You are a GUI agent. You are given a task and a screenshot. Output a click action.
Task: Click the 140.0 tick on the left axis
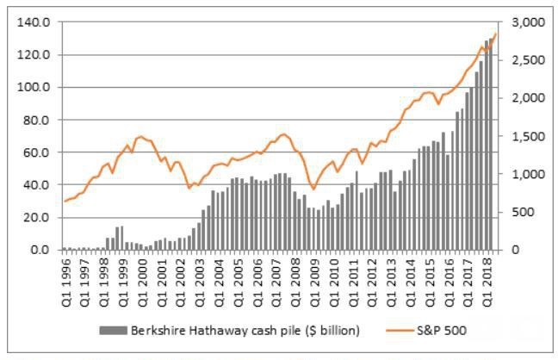click(x=40, y=22)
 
